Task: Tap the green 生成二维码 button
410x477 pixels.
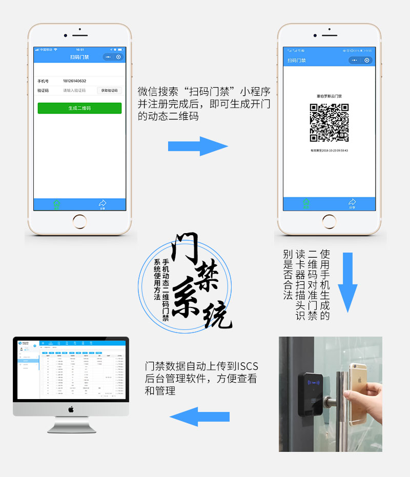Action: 79,108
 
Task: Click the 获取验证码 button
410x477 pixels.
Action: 109,90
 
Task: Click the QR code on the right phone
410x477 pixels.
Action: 329,123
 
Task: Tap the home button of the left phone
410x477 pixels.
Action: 79,221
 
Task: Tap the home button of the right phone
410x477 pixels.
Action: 330,221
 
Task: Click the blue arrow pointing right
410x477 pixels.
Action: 198,146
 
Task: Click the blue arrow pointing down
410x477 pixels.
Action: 347,282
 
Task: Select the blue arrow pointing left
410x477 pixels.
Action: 199,417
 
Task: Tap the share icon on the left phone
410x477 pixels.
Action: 102,204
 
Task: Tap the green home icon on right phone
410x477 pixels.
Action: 306,203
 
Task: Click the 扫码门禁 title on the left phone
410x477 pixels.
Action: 79,57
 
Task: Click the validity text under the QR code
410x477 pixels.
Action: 329,151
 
